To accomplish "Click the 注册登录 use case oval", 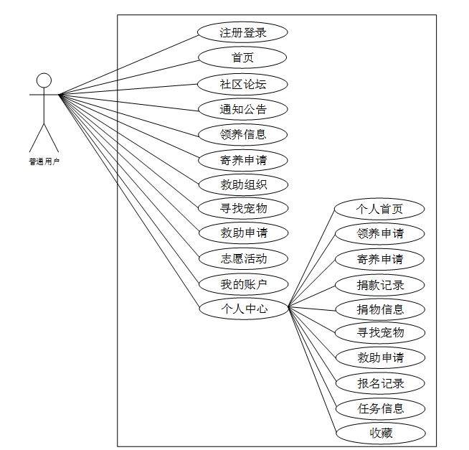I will point(242,32).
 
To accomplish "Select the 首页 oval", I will point(242,57).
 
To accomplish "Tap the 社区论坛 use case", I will point(242,84).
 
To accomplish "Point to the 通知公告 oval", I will point(242,109).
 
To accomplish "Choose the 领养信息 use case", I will point(242,133).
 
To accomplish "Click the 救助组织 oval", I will point(243,184).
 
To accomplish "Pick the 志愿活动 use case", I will point(243,258).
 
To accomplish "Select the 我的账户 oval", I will point(243,284).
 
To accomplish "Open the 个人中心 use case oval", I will point(243,309).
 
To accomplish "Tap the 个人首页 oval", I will point(379,209).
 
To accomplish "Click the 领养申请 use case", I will point(379,234).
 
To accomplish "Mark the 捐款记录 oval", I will point(379,284).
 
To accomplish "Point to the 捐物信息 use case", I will point(379,309).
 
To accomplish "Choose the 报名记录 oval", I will point(380,383).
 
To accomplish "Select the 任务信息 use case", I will point(380,408).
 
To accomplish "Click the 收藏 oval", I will point(380,433).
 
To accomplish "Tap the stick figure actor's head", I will point(44,80).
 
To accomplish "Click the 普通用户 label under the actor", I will point(44,161).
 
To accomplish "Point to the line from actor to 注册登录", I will point(129,63).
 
